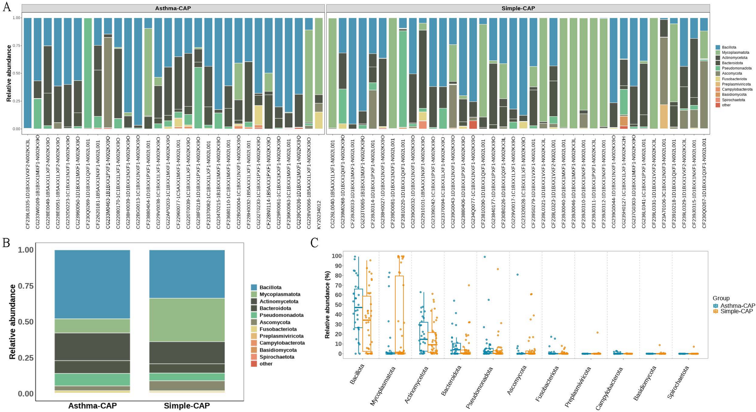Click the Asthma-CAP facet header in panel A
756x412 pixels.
click(x=173, y=8)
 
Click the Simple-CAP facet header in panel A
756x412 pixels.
click(x=518, y=8)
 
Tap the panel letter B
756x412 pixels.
click(x=6, y=243)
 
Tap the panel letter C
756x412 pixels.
click(x=314, y=243)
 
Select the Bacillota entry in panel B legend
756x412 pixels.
click(x=270, y=288)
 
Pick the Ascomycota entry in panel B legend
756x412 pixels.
click(x=274, y=322)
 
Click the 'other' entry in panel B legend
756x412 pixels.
click(x=266, y=364)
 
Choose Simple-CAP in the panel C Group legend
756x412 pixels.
click(x=736, y=311)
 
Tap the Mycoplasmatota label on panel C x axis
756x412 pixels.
click(x=383, y=386)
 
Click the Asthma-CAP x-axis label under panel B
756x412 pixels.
click(x=92, y=406)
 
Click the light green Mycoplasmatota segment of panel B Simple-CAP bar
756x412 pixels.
click(x=187, y=320)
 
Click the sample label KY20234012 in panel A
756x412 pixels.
click(x=319, y=204)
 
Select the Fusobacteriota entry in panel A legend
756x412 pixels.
click(x=734, y=79)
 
